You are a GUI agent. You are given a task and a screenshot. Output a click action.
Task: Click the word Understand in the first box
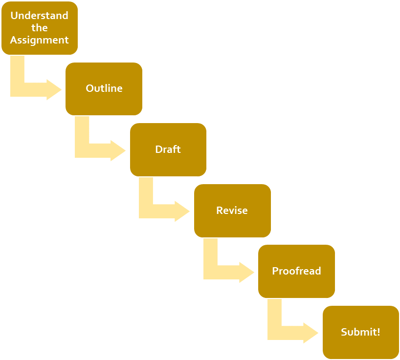pyautogui.click(x=39, y=16)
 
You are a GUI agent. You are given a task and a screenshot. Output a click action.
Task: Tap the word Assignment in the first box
pyautogui.click(x=39, y=40)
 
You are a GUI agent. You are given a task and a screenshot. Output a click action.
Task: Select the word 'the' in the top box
pyautogui.click(x=39, y=28)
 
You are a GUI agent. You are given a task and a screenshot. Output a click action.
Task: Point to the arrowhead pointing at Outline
pyautogui.click(x=55, y=90)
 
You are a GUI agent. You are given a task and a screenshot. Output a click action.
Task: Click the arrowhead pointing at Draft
pyautogui.click(x=119, y=150)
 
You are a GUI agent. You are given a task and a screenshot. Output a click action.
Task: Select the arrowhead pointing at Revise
pyautogui.click(x=183, y=212)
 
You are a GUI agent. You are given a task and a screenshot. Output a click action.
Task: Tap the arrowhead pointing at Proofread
pyautogui.click(x=247, y=273)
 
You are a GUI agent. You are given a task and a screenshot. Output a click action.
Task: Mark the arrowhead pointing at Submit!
pyautogui.click(x=311, y=333)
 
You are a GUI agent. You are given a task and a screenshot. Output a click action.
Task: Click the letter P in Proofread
pyautogui.click(x=275, y=271)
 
